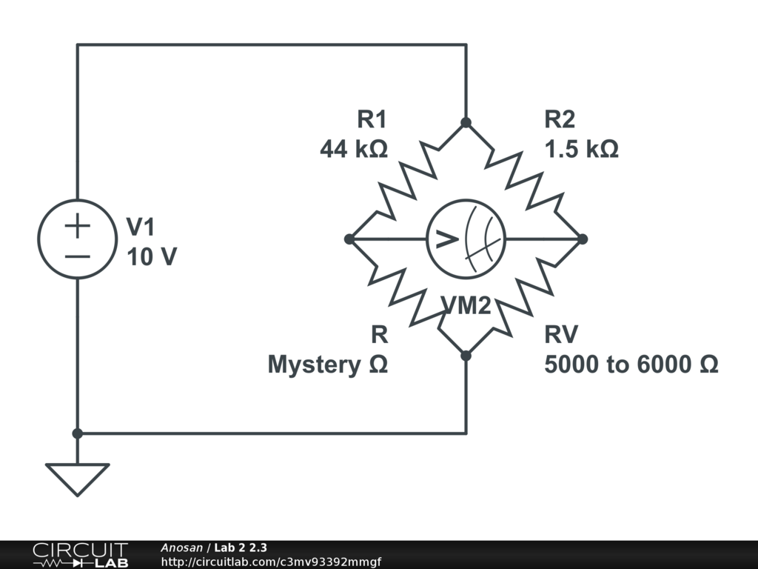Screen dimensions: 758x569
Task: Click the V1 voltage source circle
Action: coord(77,239)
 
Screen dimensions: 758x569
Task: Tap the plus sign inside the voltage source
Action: coord(77,224)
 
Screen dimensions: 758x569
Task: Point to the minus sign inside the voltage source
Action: coord(77,256)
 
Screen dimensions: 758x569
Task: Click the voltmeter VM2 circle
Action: coord(466,239)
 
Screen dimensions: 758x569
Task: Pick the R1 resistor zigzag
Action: coord(407,181)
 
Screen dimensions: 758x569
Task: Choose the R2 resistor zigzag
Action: coord(524,181)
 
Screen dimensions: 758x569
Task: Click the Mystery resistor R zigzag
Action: coord(407,297)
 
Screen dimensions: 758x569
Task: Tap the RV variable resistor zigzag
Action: coord(524,297)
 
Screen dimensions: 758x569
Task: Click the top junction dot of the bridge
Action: coord(466,123)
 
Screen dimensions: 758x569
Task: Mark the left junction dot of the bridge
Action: coord(349,239)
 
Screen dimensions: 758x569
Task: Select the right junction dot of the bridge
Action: coord(583,239)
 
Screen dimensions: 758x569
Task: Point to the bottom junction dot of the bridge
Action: coord(466,356)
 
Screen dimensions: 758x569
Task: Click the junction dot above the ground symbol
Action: coord(77,433)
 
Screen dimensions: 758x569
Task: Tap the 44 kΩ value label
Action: coord(354,150)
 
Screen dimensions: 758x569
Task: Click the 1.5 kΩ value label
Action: coord(582,150)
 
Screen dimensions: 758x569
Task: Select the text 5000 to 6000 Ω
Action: coord(631,365)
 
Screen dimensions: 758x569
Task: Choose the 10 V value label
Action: coord(152,258)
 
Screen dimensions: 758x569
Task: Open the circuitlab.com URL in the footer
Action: coord(270,562)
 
